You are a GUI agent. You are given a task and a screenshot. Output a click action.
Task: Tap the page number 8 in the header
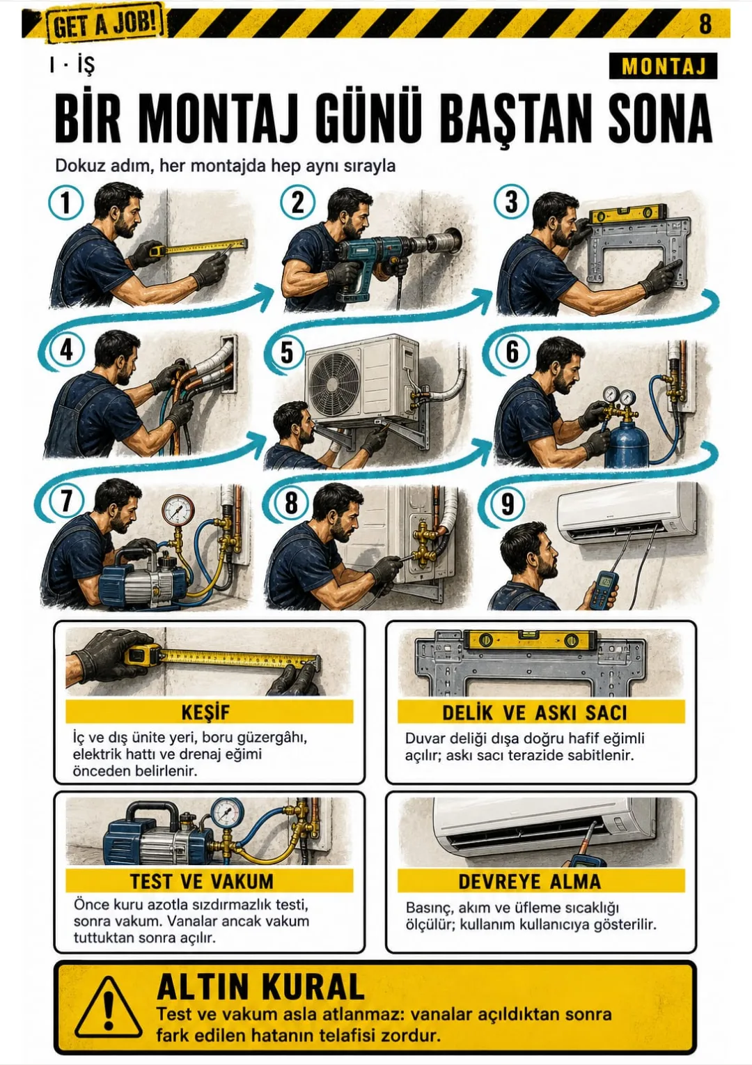tap(705, 23)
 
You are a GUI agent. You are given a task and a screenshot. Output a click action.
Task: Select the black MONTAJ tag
tap(663, 66)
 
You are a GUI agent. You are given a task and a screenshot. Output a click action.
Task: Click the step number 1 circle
tap(66, 202)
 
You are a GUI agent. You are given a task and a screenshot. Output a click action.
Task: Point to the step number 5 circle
tap(287, 352)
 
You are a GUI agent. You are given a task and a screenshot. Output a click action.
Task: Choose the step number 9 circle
tap(508, 503)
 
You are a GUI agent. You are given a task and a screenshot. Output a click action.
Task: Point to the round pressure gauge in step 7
tap(178, 510)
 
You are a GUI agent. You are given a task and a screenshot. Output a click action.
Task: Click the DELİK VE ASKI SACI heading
tap(534, 713)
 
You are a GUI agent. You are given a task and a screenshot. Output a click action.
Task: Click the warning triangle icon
tap(109, 1006)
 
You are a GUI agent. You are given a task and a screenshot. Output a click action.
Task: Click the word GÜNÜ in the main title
tap(370, 118)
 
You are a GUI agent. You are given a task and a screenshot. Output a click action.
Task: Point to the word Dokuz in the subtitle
tap(76, 166)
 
